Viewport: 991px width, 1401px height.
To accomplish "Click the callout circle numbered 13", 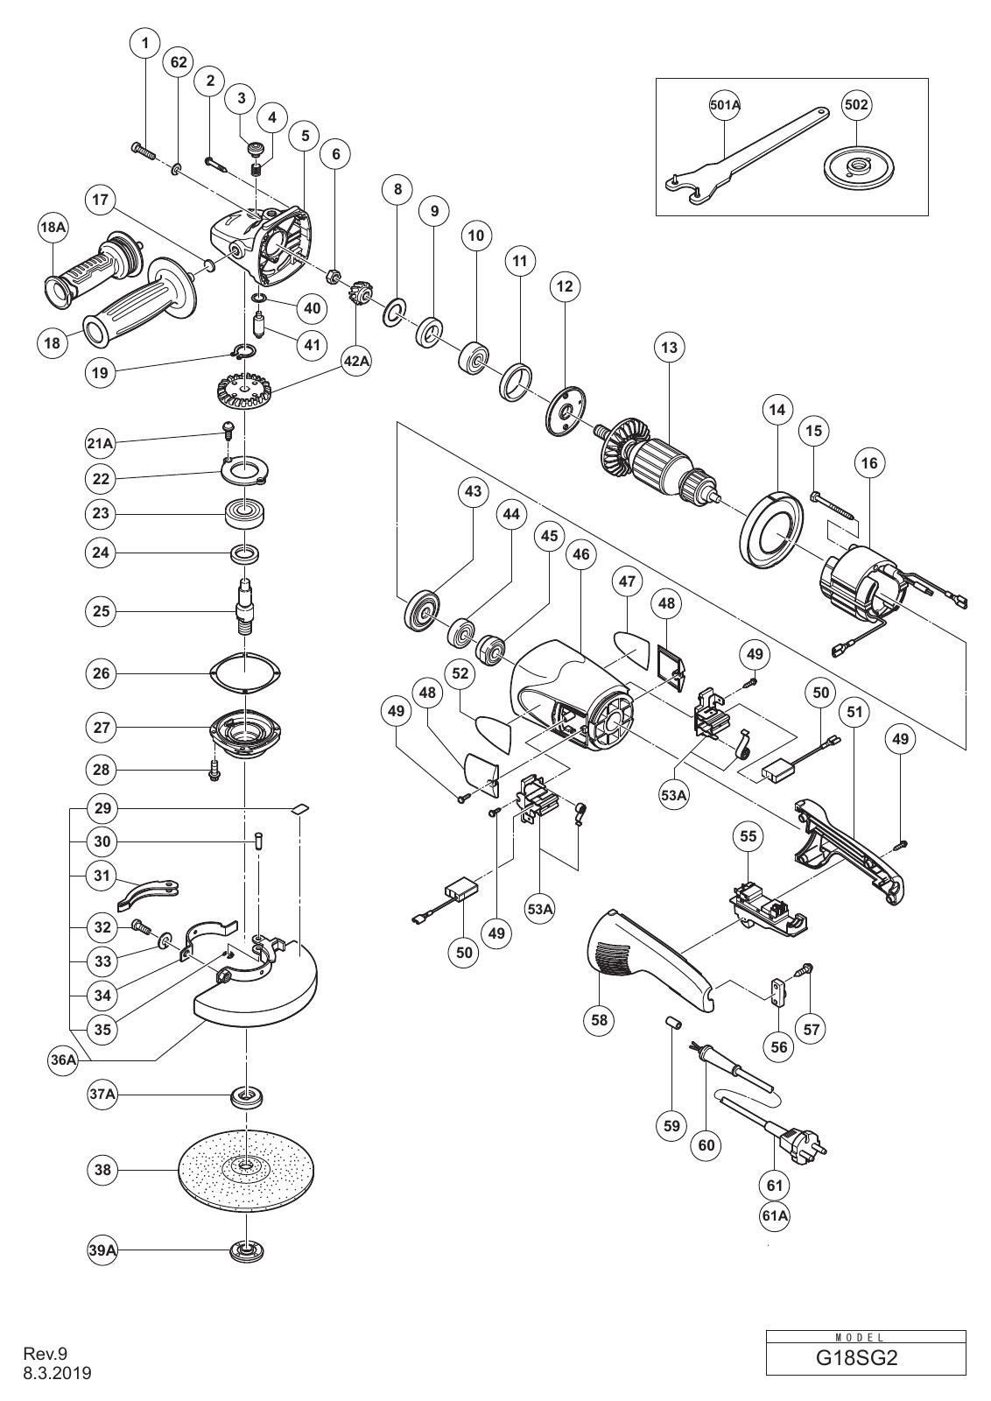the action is (x=669, y=347).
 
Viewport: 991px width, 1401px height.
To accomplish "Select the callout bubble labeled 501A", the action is (x=725, y=105).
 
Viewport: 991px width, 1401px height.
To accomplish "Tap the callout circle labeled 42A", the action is (x=355, y=362).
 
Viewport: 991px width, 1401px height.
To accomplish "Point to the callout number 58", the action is (x=599, y=1019).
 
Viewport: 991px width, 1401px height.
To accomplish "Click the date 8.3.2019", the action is (x=58, y=1374).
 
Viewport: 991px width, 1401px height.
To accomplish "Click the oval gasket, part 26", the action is (x=246, y=673).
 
